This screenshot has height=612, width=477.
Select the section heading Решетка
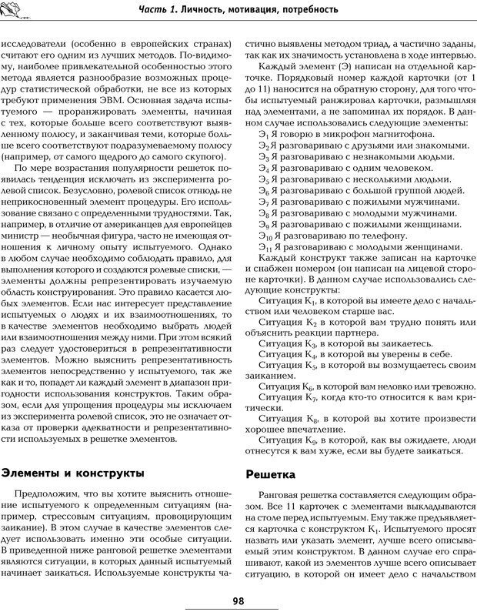(x=271, y=476)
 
